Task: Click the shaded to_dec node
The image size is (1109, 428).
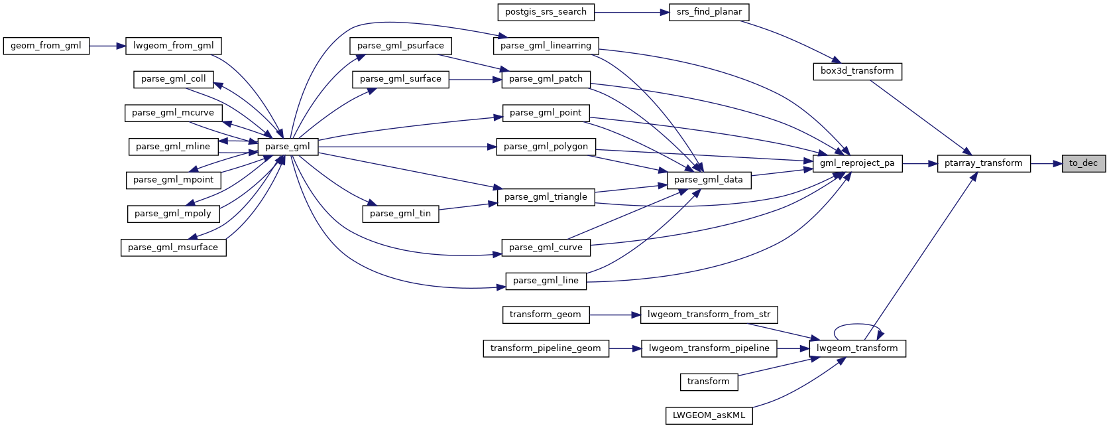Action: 1083,163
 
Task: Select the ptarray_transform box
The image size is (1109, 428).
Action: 983,163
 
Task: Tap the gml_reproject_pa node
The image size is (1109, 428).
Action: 856,163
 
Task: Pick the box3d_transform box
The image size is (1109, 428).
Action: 856,71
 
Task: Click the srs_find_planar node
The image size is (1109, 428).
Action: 709,12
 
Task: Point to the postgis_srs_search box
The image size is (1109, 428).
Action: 545,12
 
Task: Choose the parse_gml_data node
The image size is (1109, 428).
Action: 708,180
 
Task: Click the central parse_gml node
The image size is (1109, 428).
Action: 287,147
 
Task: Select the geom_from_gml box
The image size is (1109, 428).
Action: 46,46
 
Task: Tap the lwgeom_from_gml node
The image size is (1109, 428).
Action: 173,46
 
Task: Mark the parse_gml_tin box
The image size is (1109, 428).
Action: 400,214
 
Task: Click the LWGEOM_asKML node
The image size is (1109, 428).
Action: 708,415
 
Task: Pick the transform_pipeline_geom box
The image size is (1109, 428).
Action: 545,348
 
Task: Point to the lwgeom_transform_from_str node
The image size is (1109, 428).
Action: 708,315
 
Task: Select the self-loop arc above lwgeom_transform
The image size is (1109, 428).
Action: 857,325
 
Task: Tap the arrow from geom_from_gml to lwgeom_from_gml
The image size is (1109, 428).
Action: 107,46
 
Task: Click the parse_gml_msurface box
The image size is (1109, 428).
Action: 173,248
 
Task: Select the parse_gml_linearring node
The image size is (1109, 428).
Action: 546,46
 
